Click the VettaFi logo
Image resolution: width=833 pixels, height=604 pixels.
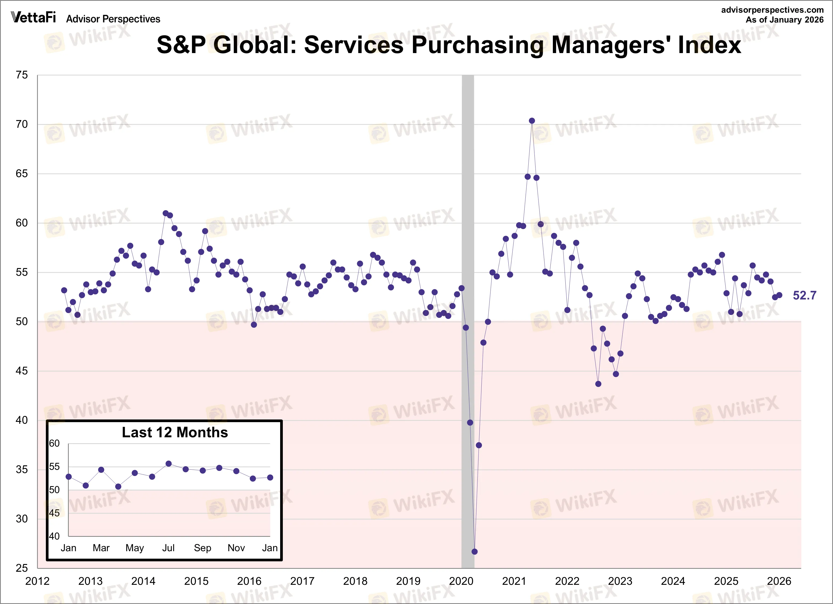[x=33, y=17]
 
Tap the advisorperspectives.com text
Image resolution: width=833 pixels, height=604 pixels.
[x=772, y=10]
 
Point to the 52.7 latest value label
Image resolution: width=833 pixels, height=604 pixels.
[x=804, y=295]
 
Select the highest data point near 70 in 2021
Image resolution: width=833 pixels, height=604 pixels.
[x=532, y=121]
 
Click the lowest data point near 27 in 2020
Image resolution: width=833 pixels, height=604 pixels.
[x=474, y=551]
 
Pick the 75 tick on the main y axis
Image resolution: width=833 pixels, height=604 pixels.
[x=22, y=75]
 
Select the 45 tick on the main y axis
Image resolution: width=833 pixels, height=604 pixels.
[x=22, y=371]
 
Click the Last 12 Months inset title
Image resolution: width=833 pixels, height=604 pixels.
[x=175, y=433]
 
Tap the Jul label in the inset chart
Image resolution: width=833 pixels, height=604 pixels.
[x=168, y=548]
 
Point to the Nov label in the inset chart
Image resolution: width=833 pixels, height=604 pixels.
[x=236, y=548]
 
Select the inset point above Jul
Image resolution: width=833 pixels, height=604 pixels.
[x=168, y=464]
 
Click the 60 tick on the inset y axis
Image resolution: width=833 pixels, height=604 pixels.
[x=54, y=443]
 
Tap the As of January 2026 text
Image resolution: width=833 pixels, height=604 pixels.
[x=784, y=20]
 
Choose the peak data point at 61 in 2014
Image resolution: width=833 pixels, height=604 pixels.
[x=165, y=213]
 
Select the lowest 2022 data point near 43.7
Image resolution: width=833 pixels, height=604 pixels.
[x=598, y=384]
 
